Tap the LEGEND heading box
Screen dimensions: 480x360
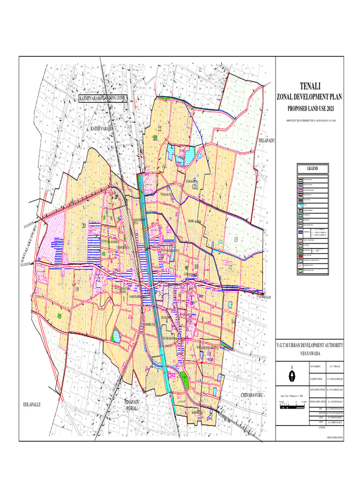tap(313, 169)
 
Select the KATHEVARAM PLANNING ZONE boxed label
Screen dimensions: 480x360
tap(102, 99)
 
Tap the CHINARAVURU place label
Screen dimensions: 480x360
tap(253, 397)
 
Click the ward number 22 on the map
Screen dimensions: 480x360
tap(159, 128)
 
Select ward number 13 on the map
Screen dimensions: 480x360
tap(236, 240)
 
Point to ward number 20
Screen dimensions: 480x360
tap(84, 225)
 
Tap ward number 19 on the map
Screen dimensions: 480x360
tap(77, 290)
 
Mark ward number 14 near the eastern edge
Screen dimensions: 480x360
tap(233, 322)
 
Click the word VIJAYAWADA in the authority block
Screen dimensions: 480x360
tap(309, 354)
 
